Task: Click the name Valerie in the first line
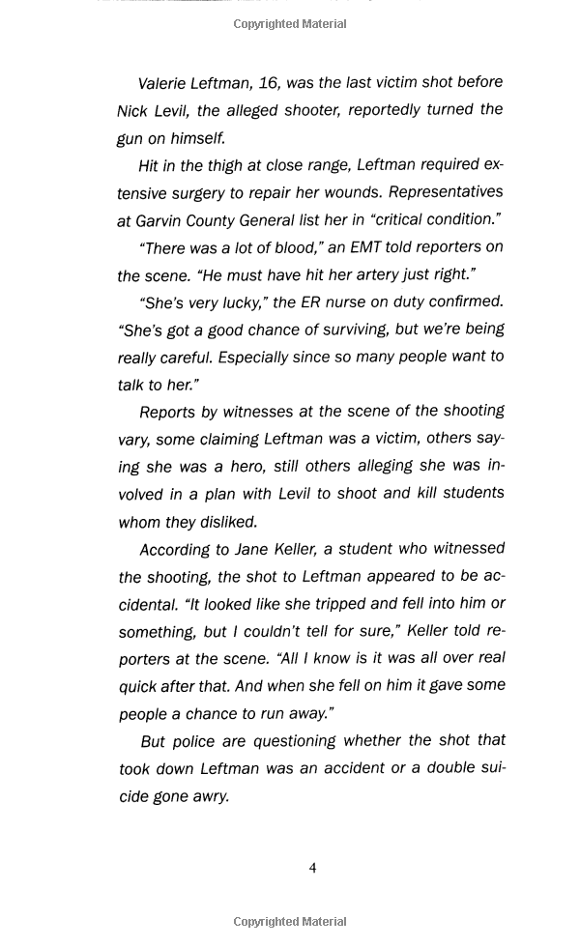pyautogui.click(x=166, y=83)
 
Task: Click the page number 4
pyautogui.click(x=312, y=868)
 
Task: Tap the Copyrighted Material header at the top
pyautogui.click(x=290, y=24)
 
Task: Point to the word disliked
pyautogui.click(x=228, y=522)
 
